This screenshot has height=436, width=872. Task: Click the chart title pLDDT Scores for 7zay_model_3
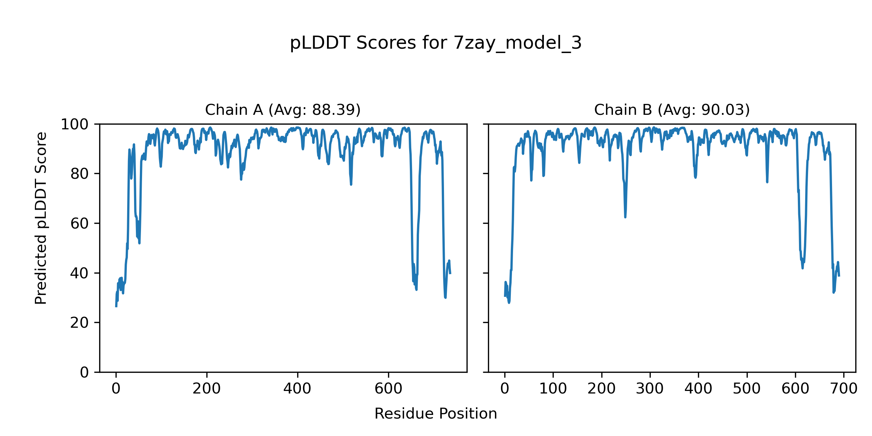point(436,43)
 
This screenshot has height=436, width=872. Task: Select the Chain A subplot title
point(283,110)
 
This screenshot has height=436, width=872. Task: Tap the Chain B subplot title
point(672,110)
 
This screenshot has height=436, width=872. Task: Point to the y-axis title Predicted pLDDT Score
point(41,218)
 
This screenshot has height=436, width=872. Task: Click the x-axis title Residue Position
point(436,413)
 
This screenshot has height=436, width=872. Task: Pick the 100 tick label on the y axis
point(74,125)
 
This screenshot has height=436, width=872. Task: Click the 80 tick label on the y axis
point(80,174)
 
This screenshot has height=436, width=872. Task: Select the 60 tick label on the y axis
point(80,223)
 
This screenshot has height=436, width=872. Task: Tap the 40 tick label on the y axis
point(80,273)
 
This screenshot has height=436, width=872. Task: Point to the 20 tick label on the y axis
point(80,323)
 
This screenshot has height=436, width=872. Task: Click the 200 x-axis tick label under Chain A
point(207,389)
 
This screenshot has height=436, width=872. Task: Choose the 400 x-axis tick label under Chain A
point(298,389)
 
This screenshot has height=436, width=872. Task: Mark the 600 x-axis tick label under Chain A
point(388,389)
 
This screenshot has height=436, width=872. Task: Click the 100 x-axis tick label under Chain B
point(553,389)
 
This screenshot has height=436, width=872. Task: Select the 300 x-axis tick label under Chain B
point(650,389)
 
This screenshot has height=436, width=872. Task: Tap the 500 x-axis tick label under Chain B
point(747,389)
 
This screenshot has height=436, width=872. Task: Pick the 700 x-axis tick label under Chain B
point(844,389)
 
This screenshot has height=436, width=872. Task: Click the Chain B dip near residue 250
point(625,217)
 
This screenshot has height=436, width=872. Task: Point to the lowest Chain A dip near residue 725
point(445,298)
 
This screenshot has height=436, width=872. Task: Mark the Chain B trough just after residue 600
point(803,268)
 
